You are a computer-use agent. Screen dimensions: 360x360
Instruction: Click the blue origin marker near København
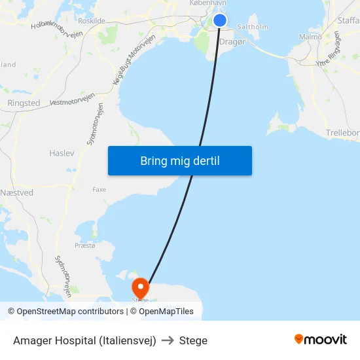pos(220,20)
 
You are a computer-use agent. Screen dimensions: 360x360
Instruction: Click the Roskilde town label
pos(91,21)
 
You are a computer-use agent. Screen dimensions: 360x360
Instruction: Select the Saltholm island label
pos(253,27)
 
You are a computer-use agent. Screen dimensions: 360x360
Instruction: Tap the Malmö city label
pos(310,37)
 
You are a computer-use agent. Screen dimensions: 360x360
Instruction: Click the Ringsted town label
pos(24,103)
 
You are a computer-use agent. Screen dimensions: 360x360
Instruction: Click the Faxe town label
pos(99,189)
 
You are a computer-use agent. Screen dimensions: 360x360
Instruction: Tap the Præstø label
pos(84,245)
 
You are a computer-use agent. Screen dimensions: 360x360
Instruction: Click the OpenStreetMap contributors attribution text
pos(65,312)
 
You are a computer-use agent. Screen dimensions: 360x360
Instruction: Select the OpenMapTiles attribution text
pos(166,312)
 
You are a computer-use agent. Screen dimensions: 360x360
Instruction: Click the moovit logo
pos(321,340)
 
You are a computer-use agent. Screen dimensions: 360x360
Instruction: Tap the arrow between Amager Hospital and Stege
pos(167,340)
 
